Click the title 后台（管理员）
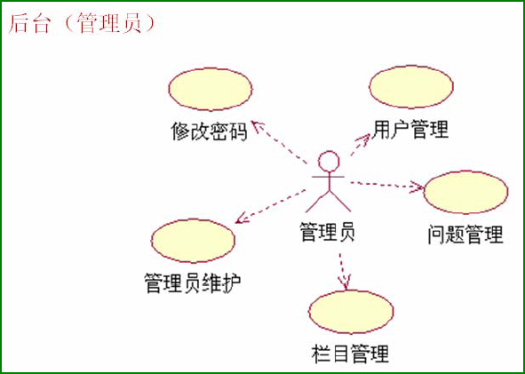[82, 24]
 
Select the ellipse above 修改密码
[211, 89]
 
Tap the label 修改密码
[210, 131]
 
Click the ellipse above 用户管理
[411, 87]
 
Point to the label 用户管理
[410, 129]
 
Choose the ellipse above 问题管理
[465, 192]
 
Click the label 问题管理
[465, 235]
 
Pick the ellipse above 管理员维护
[193, 241]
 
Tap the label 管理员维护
[193, 283]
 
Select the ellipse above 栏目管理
[351, 312]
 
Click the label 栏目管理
[350, 354]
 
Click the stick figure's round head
[329, 162]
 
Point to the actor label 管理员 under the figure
[328, 232]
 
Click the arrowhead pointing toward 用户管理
[364, 138]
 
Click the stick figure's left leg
[317, 202]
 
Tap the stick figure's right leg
[340, 202]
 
